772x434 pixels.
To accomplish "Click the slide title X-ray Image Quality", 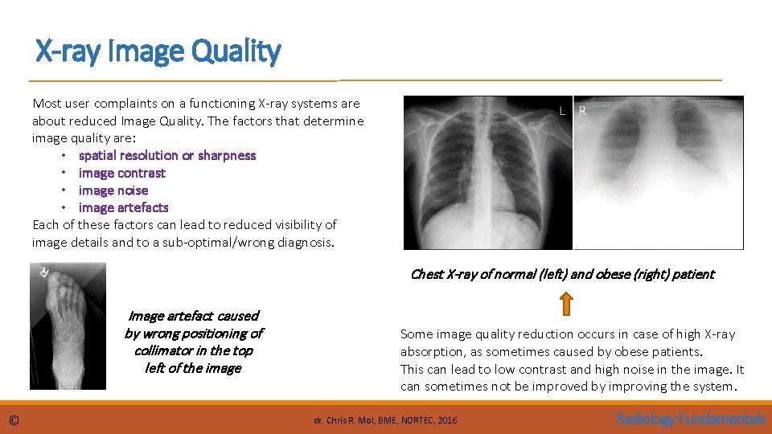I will (x=158, y=52).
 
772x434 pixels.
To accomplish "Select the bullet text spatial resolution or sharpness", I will (x=167, y=155).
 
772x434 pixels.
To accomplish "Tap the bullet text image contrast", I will (x=122, y=173).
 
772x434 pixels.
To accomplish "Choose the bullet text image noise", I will (x=113, y=190).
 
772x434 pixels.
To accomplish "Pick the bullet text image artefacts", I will (x=124, y=207).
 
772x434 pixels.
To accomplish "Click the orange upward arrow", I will (x=565, y=303).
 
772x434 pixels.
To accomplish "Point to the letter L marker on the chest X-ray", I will (x=562, y=111).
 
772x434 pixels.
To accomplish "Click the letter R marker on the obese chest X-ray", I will (x=583, y=111).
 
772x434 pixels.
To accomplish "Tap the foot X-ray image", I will (x=68, y=325).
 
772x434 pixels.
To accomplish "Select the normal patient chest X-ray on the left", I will (x=487, y=173).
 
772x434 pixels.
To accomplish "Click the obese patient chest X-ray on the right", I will (x=659, y=173).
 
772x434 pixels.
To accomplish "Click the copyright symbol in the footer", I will (x=14, y=420).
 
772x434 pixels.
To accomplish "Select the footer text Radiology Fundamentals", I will (x=690, y=419).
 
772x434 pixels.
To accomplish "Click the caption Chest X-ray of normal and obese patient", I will (x=561, y=274).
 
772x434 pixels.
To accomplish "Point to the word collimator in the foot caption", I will (x=163, y=350).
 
